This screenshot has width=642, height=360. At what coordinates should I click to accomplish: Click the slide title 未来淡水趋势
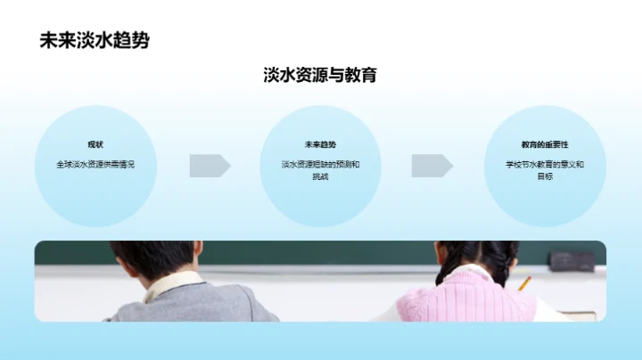pyautogui.click(x=95, y=41)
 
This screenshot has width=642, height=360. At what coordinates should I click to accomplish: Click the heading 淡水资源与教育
pyautogui.click(x=320, y=75)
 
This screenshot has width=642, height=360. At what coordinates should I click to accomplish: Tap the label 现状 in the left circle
pyautogui.click(x=95, y=144)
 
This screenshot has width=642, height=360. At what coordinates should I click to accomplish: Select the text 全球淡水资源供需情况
pyautogui.click(x=95, y=164)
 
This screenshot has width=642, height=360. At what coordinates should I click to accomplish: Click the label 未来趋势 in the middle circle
pyautogui.click(x=320, y=144)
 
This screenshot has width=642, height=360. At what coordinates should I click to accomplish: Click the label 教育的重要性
pyautogui.click(x=545, y=144)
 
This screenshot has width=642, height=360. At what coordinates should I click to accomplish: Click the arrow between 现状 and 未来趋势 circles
pyautogui.click(x=210, y=166)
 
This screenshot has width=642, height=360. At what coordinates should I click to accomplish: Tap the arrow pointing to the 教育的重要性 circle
pyautogui.click(x=432, y=166)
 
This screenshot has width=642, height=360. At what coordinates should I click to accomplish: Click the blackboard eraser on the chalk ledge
pyautogui.click(x=572, y=260)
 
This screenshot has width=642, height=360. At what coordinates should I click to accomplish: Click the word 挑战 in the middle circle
pyautogui.click(x=320, y=176)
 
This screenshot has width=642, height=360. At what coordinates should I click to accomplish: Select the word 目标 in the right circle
pyautogui.click(x=545, y=176)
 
